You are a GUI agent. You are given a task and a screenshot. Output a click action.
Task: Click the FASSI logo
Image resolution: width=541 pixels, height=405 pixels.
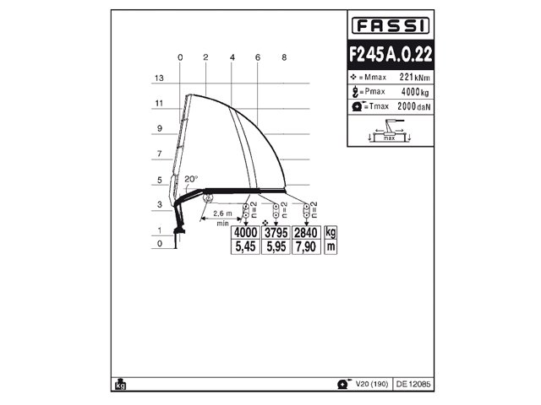pyautogui.click(x=390, y=25)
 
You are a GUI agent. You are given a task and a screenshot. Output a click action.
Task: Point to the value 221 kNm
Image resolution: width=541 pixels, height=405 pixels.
pyautogui.click(x=411, y=78)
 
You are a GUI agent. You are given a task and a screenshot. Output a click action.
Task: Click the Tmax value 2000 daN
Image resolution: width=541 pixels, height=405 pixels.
pyautogui.click(x=409, y=107)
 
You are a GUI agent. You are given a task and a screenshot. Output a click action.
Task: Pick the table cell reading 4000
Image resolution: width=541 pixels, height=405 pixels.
pyautogui.click(x=245, y=232)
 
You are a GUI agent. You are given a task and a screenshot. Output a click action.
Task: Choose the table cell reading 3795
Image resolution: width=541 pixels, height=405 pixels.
pyautogui.click(x=276, y=232)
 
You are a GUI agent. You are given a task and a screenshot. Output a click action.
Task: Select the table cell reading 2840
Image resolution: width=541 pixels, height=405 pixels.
pyautogui.click(x=306, y=232)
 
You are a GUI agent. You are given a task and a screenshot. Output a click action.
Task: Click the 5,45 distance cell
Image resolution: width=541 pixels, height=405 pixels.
pyautogui.click(x=245, y=246)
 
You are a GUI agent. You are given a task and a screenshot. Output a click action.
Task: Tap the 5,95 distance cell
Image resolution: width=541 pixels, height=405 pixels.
pyautogui.click(x=276, y=246)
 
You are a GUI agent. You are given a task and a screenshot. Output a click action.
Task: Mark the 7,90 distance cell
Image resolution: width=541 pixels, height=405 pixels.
pyautogui.click(x=306, y=246)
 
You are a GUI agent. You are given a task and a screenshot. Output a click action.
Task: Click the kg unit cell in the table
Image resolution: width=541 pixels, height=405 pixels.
pyautogui.click(x=331, y=232)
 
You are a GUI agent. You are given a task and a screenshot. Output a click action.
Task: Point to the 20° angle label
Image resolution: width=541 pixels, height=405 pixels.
pyautogui.click(x=192, y=179)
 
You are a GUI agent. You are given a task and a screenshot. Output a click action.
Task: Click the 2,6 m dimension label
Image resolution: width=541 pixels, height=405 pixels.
pyautogui.click(x=223, y=213)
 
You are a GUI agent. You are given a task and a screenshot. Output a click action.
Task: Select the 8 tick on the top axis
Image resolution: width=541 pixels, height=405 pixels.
pyautogui.click(x=285, y=57)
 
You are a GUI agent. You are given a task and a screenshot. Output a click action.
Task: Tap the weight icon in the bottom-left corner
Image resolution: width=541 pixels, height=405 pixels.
pyautogui.click(x=119, y=383)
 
